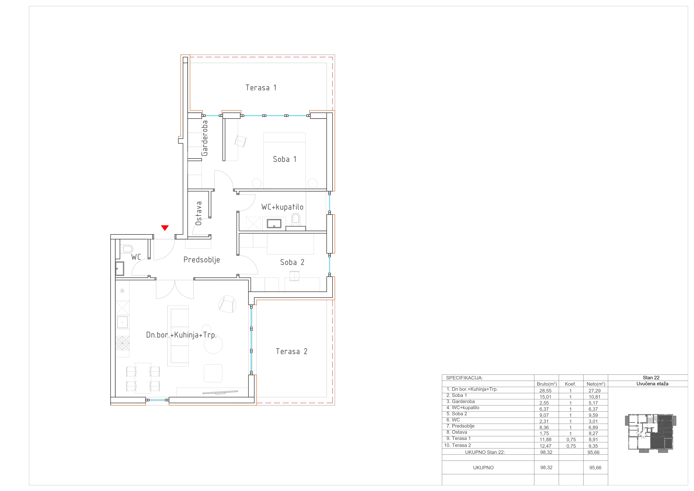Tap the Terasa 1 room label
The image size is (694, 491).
(261, 88)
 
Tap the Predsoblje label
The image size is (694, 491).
(202, 260)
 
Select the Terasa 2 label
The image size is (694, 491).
(291, 351)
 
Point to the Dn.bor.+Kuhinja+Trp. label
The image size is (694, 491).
(181, 335)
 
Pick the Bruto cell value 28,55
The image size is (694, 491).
(546, 391)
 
